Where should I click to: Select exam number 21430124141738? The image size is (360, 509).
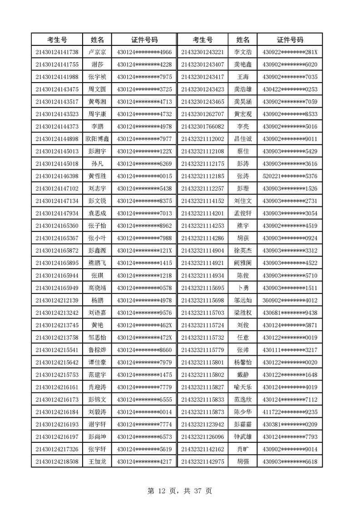point(57,52)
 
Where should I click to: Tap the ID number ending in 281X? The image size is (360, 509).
point(290,52)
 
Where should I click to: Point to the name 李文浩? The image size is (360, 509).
point(243,52)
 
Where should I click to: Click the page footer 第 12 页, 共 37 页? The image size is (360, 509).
point(180,490)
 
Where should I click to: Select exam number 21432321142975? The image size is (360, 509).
point(202,461)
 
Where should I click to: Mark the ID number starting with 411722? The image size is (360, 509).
point(290,412)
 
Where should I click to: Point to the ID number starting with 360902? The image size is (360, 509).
point(290,300)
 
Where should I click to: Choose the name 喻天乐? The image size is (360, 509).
point(243,387)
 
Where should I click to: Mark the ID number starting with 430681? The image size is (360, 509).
point(290,313)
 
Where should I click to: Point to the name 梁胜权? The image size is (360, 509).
point(243,313)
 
